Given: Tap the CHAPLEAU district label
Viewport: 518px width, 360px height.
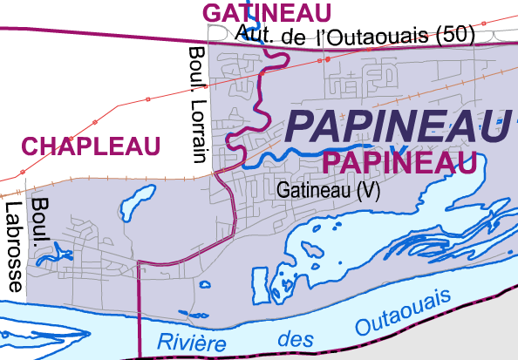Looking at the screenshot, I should (x=92, y=146).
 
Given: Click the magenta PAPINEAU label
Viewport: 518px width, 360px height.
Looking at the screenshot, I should (x=401, y=163).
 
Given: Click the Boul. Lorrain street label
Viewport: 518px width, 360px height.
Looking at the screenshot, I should (x=197, y=104).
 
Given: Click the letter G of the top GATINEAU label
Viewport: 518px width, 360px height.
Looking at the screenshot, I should (x=212, y=12).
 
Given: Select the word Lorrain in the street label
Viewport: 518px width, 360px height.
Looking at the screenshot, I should (x=197, y=125).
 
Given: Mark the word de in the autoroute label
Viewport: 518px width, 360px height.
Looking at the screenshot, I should (x=290, y=34).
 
